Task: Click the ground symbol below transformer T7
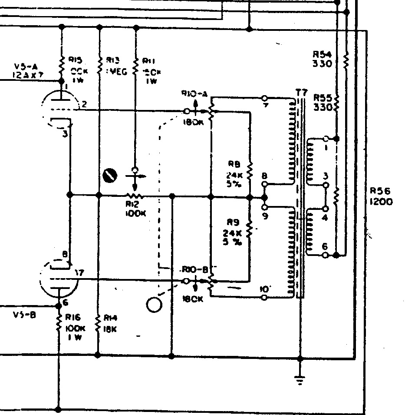click(x=300, y=379)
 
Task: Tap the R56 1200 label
click(x=382, y=196)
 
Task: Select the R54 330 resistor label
click(x=322, y=59)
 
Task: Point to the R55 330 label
click(x=323, y=103)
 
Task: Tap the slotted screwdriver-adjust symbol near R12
click(x=110, y=175)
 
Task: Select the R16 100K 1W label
click(x=74, y=327)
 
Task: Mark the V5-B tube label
click(x=24, y=315)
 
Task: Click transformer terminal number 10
click(x=264, y=289)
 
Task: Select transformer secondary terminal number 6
click(x=324, y=246)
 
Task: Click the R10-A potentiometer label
click(x=192, y=94)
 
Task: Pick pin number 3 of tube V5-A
click(x=65, y=134)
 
